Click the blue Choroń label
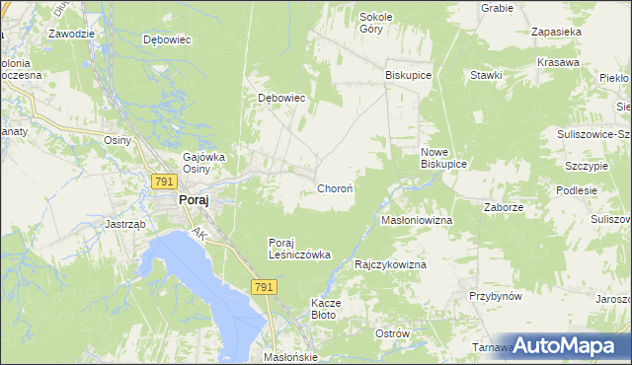(x=335, y=187)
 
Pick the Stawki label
(x=487, y=75)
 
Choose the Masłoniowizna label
(x=417, y=220)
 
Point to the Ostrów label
(x=392, y=333)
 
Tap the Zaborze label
(x=504, y=208)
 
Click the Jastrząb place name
(x=125, y=224)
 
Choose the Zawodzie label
(x=71, y=33)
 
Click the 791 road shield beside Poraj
(x=164, y=181)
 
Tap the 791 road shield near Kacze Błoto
(x=263, y=286)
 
